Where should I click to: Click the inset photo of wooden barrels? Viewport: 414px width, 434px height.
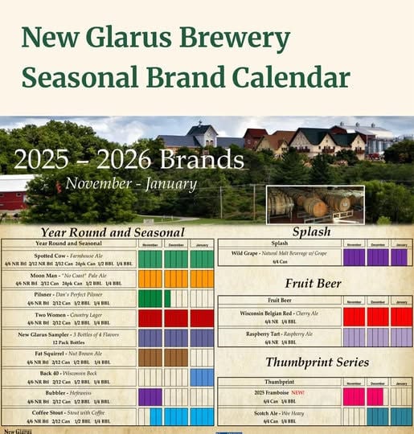[x=314, y=204]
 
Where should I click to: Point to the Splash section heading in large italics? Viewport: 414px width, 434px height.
[x=311, y=231]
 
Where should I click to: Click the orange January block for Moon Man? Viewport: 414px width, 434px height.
[x=202, y=278]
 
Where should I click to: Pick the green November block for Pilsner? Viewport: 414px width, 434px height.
[x=150, y=298]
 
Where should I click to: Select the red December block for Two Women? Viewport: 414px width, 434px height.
[x=176, y=317]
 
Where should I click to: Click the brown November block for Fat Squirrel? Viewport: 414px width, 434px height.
[x=150, y=357]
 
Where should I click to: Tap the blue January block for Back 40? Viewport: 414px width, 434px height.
[x=202, y=377]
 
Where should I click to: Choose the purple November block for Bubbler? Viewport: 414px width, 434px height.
[x=150, y=396]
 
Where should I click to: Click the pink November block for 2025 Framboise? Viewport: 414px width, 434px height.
[x=354, y=396]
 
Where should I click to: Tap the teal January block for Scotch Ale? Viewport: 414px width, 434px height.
[x=401, y=416]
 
